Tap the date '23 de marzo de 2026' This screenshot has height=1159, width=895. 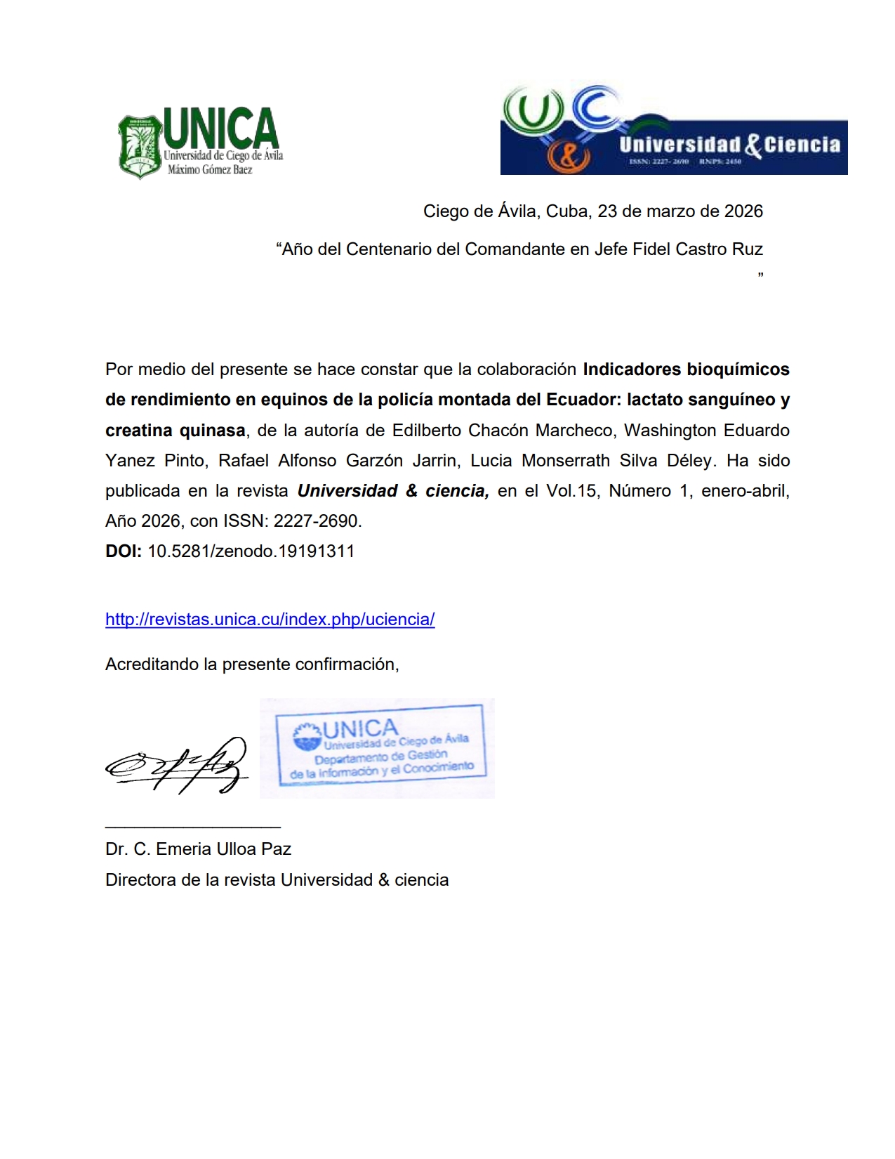679,211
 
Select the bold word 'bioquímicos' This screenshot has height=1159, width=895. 737,369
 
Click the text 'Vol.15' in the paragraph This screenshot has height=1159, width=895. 573,491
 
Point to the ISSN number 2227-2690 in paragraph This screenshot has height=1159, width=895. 317,521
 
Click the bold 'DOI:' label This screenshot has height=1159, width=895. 124,551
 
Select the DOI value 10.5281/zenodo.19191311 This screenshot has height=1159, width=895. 251,551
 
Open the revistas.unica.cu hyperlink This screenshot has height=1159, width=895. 270,620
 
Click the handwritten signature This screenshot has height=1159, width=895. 178,766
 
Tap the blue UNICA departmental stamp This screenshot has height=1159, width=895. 379,749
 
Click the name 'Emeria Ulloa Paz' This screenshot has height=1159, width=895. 223,849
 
